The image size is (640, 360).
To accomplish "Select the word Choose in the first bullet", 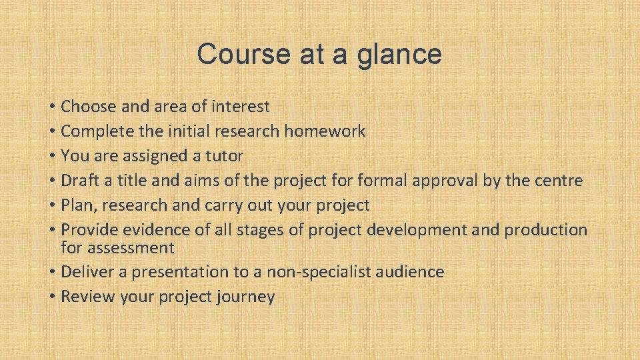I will pos(87,106).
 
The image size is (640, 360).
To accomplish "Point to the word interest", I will pos(241,106).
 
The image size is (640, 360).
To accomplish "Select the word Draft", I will pos(79,180).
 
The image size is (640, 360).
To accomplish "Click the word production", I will pos(545,230).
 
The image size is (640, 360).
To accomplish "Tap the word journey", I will pos(245,297).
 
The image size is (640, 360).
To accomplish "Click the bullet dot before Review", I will pos(52,297).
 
